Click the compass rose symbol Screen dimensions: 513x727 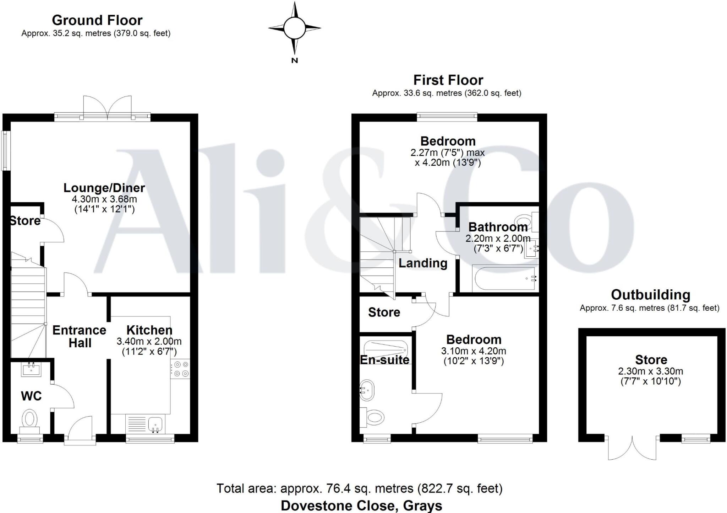pyautogui.click(x=294, y=28)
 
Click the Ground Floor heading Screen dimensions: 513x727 pyautogui.click(x=97, y=20)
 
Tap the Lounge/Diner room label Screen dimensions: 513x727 pyautogui.click(x=104, y=188)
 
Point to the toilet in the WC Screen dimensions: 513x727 pyautogui.click(x=30, y=419)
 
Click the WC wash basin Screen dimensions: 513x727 pyautogui.click(x=32, y=369)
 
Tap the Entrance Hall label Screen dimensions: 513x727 pyautogui.click(x=80, y=336)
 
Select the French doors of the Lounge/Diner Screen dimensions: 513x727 pyautogui.click(x=107, y=107)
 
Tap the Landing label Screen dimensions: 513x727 pyautogui.click(x=423, y=263)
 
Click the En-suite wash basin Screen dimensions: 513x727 pyautogui.click(x=367, y=390)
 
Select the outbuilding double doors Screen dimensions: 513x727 pyautogui.click(x=632, y=449)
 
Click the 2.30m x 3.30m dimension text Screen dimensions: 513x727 pyautogui.click(x=650, y=371)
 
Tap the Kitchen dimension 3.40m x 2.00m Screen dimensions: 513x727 pyautogui.click(x=149, y=342)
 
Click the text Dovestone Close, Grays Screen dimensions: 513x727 pyautogui.click(x=361, y=505)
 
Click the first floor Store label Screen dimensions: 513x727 pyautogui.click(x=384, y=312)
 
